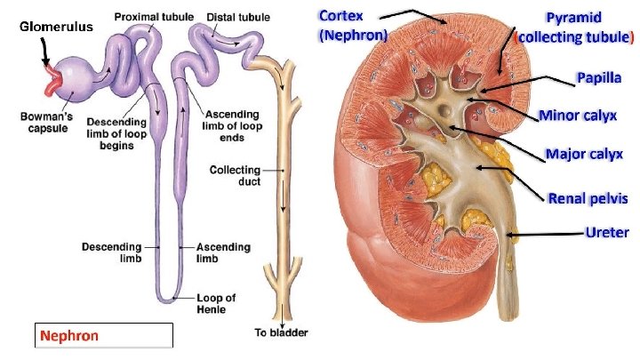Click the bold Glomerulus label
55,27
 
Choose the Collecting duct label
235,175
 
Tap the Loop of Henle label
217,302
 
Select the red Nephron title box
103,336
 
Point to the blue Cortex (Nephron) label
353,26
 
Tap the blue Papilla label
599,77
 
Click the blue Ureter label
607,232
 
